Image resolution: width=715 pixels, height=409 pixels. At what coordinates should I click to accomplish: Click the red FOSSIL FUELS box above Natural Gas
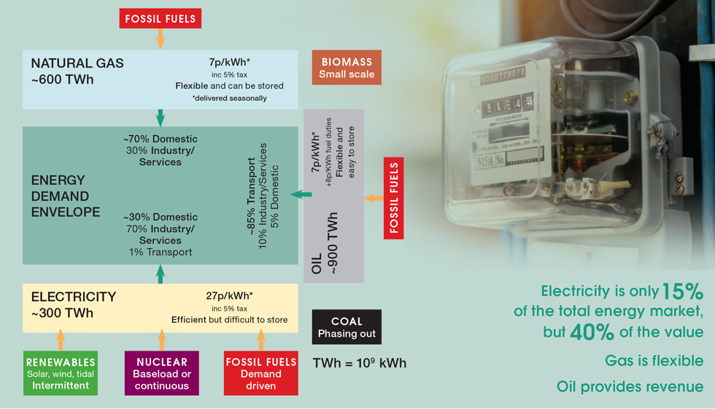pos(160,19)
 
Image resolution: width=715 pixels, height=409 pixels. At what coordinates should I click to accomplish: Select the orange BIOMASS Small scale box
pos(347,68)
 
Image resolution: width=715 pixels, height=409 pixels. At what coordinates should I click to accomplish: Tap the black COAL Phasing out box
pos(347,327)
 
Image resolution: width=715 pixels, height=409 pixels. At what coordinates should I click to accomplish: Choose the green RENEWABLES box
pos(61,373)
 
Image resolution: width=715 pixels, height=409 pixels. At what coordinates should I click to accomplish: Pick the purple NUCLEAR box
pos(161,373)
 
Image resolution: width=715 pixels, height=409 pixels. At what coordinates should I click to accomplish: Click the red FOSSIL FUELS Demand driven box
pos(260,373)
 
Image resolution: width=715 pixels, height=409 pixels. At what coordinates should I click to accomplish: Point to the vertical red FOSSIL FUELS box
pos(394,198)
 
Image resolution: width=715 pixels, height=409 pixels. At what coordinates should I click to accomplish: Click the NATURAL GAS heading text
pos(77,64)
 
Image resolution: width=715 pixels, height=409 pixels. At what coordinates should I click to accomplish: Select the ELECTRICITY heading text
pos(74,297)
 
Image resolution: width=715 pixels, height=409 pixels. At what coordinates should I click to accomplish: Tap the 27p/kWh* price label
pos(229,296)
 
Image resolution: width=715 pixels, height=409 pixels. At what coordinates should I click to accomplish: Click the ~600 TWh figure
pos(62,80)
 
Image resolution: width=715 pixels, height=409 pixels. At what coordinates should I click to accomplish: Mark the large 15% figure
pos(682,292)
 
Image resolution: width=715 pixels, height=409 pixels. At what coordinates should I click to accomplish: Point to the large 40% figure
pos(591,332)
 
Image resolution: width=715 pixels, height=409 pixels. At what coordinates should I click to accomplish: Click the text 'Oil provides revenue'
pos(630,386)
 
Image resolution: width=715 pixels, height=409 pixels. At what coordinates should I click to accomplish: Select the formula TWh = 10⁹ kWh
pos(359,363)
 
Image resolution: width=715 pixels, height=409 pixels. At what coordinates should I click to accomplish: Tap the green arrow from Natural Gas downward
pos(161,117)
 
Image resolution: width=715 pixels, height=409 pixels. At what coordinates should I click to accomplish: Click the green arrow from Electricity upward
pos(161,274)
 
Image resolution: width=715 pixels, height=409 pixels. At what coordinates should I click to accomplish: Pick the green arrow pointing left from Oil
pos(301,194)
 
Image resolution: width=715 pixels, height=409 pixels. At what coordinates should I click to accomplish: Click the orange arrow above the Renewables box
pos(61,340)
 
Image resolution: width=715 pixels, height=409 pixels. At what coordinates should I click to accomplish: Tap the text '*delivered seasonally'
pos(229,98)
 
